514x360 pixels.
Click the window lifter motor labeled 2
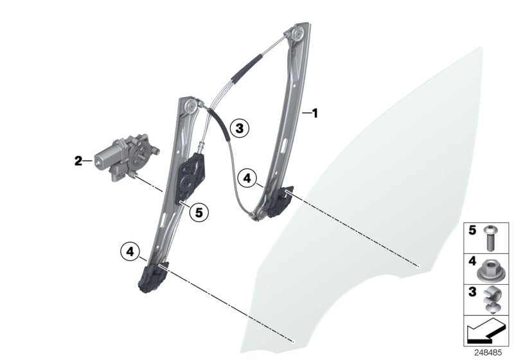click(126, 157)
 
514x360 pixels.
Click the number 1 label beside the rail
click(315, 113)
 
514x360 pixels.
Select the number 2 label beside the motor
click(78, 161)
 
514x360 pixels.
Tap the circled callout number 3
click(239, 128)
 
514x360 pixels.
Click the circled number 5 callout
click(199, 213)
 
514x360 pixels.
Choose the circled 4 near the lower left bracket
click(130, 252)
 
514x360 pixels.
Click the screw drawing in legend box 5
click(490, 239)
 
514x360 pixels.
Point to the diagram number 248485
click(488, 353)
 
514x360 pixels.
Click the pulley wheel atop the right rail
click(297, 33)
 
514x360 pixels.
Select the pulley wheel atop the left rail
click(191, 105)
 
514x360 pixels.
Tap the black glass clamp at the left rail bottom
click(154, 277)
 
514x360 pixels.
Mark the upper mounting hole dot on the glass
click(418, 266)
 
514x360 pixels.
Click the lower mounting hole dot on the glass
click(294, 341)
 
